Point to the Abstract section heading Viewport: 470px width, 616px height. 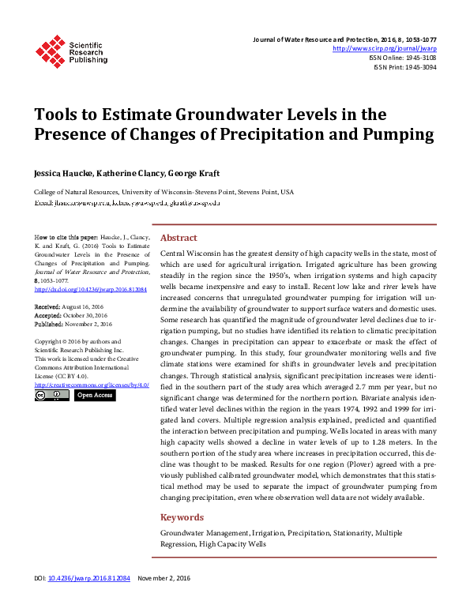point(179,238)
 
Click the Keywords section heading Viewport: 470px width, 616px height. point(182,518)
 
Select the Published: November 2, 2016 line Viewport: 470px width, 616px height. point(73,323)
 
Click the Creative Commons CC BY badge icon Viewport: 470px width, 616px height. point(52,396)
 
